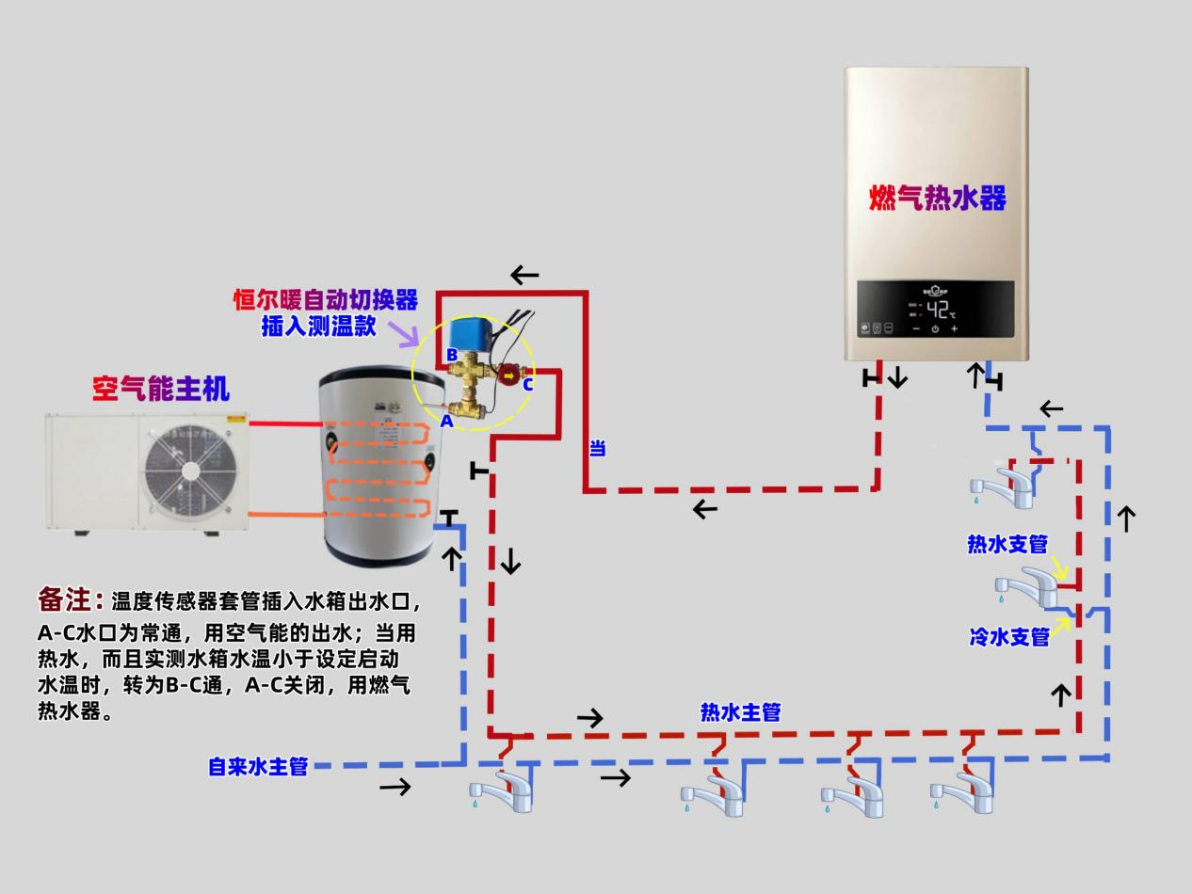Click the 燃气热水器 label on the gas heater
pos(937,198)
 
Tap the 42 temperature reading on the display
pos(937,310)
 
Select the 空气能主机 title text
pos(161,389)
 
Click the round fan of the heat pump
pos(190,471)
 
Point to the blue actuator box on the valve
pos(469,337)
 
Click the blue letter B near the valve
pos(452,355)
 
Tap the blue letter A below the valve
pos(446,422)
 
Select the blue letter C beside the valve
pos(528,385)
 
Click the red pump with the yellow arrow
pos(509,374)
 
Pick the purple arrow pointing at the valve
pos(403,332)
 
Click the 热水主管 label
pos(741,712)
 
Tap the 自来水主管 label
pos(258,767)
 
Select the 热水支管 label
pos(1007,544)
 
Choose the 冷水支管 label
pos(1009,637)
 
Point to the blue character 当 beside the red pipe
pos(597,448)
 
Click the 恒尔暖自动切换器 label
pos(326,299)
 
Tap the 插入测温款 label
pos(319,327)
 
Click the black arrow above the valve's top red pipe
pos(524,275)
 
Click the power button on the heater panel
pos(935,329)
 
